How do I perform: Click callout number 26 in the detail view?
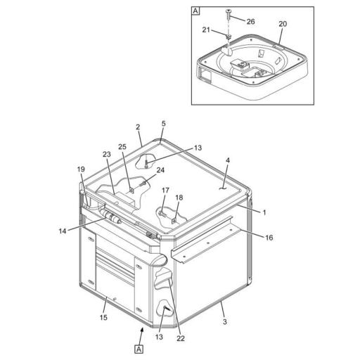tap(250, 22)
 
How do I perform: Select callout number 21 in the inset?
tap(206, 30)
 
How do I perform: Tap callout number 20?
tap(283, 24)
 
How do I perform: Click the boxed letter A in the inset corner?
tap(195, 11)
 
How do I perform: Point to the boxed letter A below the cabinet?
tap(139, 349)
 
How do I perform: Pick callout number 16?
tap(269, 238)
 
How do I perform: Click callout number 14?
tap(63, 231)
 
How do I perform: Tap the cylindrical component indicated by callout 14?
tap(110, 217)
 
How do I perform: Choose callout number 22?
tap(181, 338)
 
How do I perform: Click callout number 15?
tap(103, 318)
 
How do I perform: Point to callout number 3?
tap(225, 321)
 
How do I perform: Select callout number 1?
tap(264, 212)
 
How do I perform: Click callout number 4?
tap(228, 160)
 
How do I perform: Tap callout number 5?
tap(164, 124)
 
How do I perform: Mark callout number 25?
tap(122, 147)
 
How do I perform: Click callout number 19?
tap(81, 169)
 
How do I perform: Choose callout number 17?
tap(165, 191)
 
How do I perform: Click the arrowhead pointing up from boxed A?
tap(142, 330)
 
